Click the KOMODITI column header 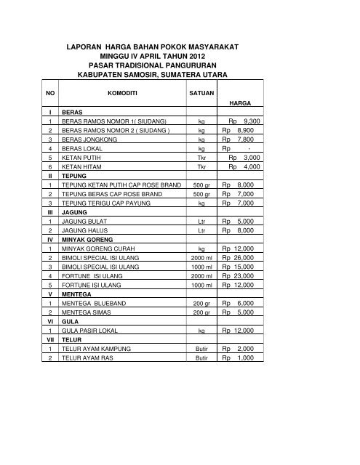[x=119, y=94]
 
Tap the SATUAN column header [x=201, y=94]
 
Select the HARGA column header [x=241, y=105]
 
